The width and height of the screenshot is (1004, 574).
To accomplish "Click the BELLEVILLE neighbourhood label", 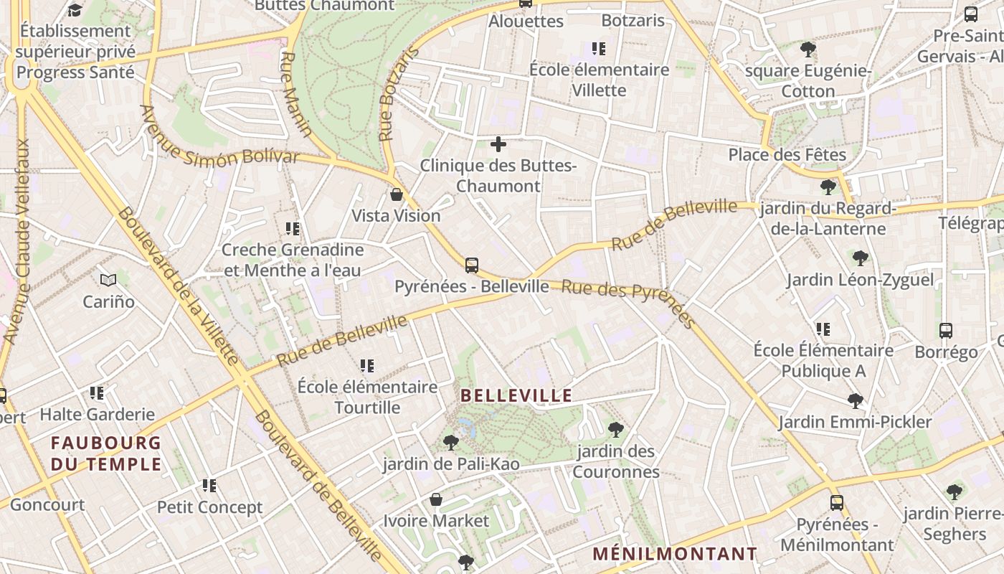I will pyautogui.click(x=516, y=395).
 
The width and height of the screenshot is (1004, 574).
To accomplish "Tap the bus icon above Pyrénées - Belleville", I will pyautogui.click(x=471, y=265).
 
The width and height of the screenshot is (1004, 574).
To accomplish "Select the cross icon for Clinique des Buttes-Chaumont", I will pyautogui.click(x=498, y=144).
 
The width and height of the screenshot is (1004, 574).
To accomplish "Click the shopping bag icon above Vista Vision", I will pyautogui.click(x=396, y=194).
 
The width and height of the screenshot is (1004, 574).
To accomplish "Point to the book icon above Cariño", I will pyautogui.click(x=108, y=280).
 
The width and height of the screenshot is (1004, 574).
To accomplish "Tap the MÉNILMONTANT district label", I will pyautogui.click(x=675, y=554).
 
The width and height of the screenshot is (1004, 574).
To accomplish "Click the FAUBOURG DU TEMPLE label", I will pyautogui.click(x=106, y=453).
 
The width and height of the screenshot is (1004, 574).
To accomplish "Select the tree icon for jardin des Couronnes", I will pyautogui.click(x=615, y=430).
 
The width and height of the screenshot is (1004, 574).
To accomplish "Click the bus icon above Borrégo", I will pyautogui.click(x=946, y=331).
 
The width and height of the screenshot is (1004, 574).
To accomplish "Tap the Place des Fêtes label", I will pyautogui.click(x=787, y=154).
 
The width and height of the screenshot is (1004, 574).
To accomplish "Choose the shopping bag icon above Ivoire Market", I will pyautogui.click(x=435, y=499).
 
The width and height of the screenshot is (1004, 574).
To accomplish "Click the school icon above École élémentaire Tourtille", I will pyautogui.click(x=367, y=366).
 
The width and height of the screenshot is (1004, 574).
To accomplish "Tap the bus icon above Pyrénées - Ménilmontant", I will pyautogui.click(x=837, y=503).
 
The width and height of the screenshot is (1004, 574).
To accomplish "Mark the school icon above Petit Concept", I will pyautogui.click(x=209, y=486).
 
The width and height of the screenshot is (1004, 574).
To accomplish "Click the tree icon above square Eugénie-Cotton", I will pyautogui.click(x=808, y=50).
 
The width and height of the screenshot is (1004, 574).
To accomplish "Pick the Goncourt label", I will pyautogui.click(x=47, y=504).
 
